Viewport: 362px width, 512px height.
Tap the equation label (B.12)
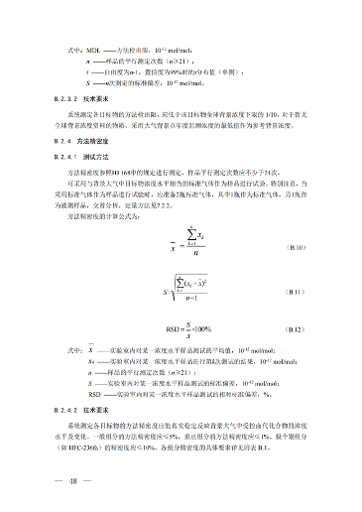[297, 326]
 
